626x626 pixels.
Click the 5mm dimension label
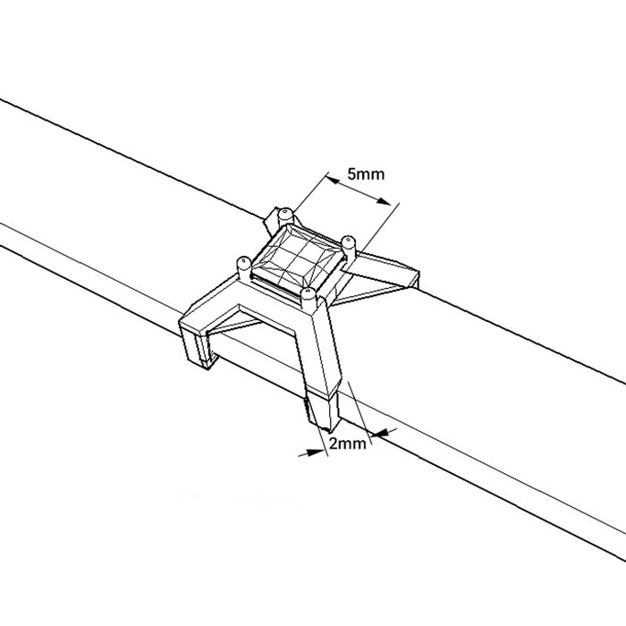(x=366, y=174)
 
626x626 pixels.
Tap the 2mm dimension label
(x=347, y=444)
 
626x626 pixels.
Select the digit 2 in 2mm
(x=334, y=444)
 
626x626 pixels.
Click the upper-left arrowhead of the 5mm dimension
(x=334, y=181)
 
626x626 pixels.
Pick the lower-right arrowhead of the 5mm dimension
(x=385, y=201)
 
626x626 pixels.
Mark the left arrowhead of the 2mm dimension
(x=317, y=453)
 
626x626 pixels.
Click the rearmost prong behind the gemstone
(x=285, y=217)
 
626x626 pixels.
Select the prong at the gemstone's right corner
(x=349, y=249)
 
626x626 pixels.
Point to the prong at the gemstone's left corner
(x=244, y=267)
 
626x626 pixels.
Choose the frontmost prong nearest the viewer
(x=309, y=300)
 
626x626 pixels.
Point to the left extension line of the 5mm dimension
(x=310, y=193)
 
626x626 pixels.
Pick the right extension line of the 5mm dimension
(x=378, y=227)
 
